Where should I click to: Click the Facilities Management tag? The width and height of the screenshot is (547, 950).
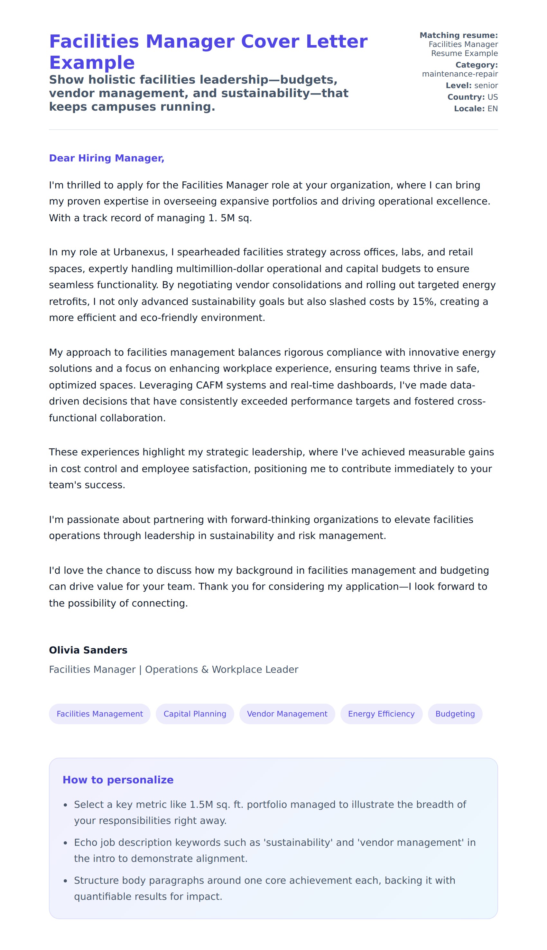pos(99,714)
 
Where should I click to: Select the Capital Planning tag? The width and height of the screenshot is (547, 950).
pos(195,714)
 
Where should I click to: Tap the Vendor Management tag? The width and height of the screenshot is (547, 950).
pos(287,714)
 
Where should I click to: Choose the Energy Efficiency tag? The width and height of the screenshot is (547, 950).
pos(381,714)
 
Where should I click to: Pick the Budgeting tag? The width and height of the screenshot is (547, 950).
pos(455,714)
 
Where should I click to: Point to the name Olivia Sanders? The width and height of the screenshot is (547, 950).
pos(88,650)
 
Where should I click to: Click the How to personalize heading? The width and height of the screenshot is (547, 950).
pos(118,780)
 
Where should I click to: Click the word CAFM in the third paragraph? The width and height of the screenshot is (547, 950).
pos(209,385)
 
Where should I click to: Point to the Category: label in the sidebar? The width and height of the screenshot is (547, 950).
pos(476,65)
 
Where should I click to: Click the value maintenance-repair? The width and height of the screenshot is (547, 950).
pos(460,74)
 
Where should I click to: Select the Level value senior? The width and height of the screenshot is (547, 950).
pos(486,86)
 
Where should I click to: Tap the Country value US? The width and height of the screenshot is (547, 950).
pos(493,97)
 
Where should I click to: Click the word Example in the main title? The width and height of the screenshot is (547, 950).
pos(92,62)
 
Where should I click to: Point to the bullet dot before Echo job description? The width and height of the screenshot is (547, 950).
pos(65,843)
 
